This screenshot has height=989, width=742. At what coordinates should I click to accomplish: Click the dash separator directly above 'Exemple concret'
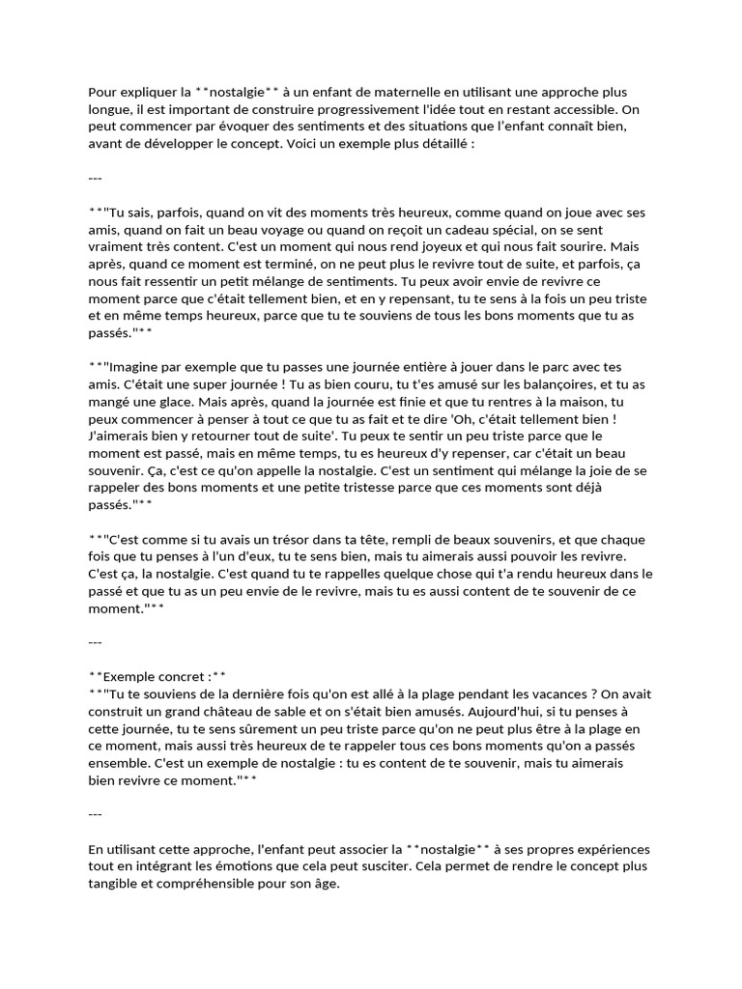95,641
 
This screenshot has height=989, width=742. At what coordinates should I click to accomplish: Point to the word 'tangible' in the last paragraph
114,884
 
